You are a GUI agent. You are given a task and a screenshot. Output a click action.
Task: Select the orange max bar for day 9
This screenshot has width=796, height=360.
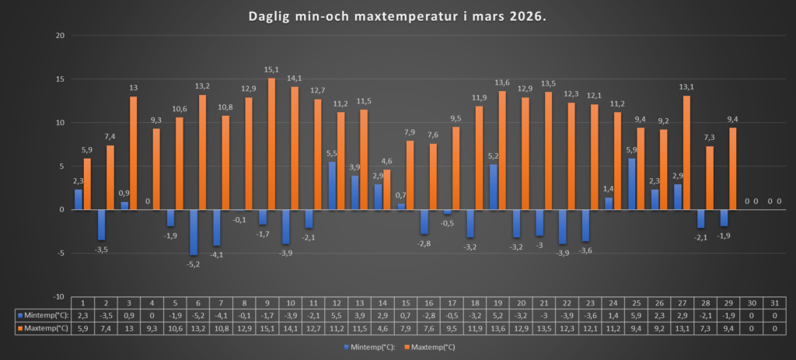pos(272,144)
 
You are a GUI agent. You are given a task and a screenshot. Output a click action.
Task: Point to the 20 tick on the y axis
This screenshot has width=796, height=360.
pos(58,36)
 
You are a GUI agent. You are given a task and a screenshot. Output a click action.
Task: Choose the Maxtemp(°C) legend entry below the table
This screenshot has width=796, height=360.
pos(429,346)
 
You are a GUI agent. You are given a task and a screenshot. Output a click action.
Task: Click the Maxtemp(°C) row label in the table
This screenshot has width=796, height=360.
pos(40,329)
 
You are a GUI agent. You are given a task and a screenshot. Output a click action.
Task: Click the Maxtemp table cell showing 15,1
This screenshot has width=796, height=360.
pos(269,329)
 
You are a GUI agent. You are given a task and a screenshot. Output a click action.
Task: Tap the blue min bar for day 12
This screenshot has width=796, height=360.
pos(332,185)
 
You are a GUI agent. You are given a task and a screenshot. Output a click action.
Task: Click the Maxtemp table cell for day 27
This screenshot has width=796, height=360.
pos(684,329)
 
